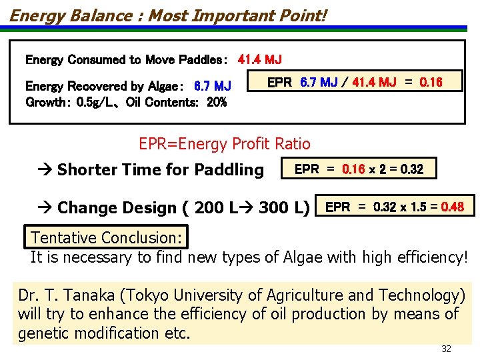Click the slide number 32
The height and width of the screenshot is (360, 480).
[446, 349]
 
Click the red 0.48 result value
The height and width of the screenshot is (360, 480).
[453, 207]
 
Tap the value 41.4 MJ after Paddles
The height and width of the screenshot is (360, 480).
[259, 59]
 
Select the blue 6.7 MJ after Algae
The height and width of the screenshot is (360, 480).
[212, 86]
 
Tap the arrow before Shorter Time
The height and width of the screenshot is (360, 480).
[45, 170]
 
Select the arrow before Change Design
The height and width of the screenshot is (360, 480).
[45, 208]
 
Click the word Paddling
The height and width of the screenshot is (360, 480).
[230, 170]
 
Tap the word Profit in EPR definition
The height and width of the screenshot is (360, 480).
[259, 143]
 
